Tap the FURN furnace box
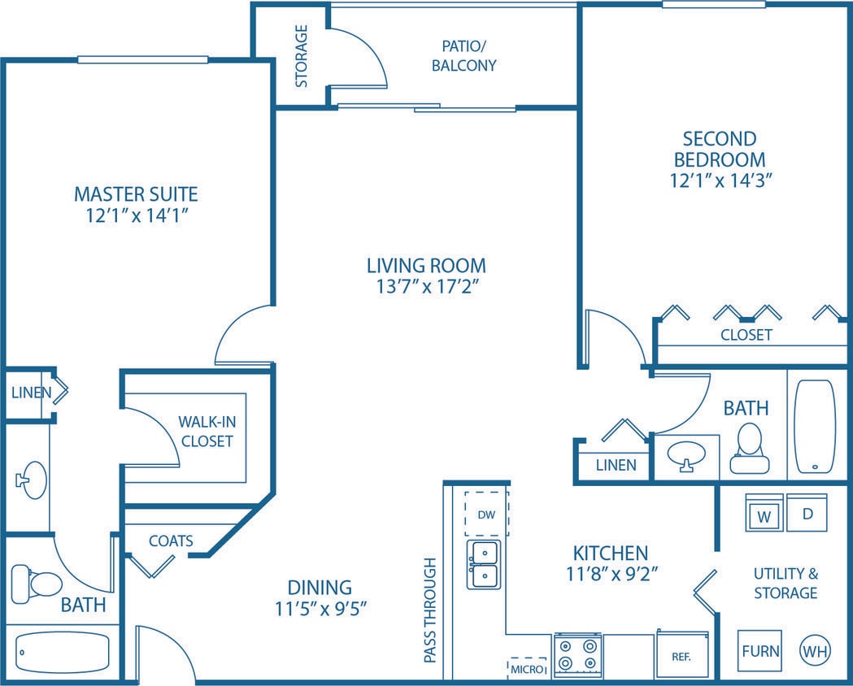click(x=760, y=650)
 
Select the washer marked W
click(x=764, y=514)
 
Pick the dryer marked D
click(x=807, y=514)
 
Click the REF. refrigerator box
click(x=682, y=655)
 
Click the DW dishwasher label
click(x=486, y=514)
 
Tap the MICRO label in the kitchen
click(x=527, y=668)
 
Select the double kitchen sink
click(x=483, y=564)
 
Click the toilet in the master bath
click(x=37, y=583)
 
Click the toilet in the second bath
click(x=748, y=451)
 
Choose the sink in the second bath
click(x=686, y=455)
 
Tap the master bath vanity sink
click(x=33, y=480)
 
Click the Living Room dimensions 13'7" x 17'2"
click(x=426, y=286)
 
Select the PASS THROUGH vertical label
click(x=431, y=610)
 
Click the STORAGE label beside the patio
click(x=301, y=56)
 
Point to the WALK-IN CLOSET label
click(x=206, y=432)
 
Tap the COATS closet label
click(x=171, y=541)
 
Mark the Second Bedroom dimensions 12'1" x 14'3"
click(x=720, y=180)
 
